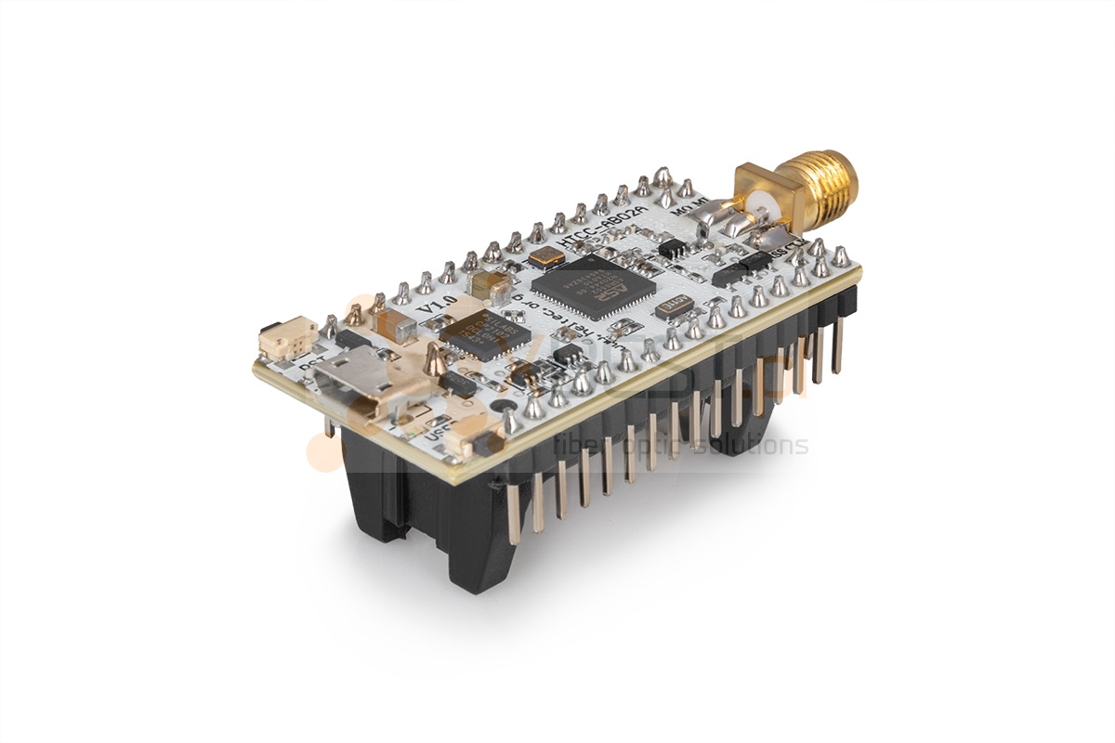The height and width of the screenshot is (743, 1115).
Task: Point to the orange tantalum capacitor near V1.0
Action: pos(395,324)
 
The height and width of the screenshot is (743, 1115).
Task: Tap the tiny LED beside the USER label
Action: pos(414,434)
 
